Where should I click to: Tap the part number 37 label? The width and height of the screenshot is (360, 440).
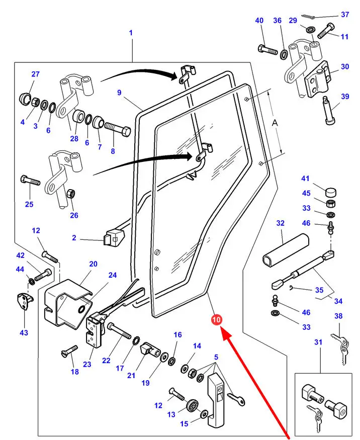[x=345, y=15]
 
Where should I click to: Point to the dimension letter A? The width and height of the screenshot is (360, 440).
[x=275, y=122]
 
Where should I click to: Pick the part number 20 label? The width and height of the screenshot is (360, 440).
[x=93, y=263]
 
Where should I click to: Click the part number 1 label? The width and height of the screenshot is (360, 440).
[x=131, y=33]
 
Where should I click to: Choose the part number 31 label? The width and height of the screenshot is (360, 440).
[x=318, y=342]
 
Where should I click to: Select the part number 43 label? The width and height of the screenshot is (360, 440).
[x=24, y=332]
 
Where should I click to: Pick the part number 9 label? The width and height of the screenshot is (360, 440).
[x=120, y=92]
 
